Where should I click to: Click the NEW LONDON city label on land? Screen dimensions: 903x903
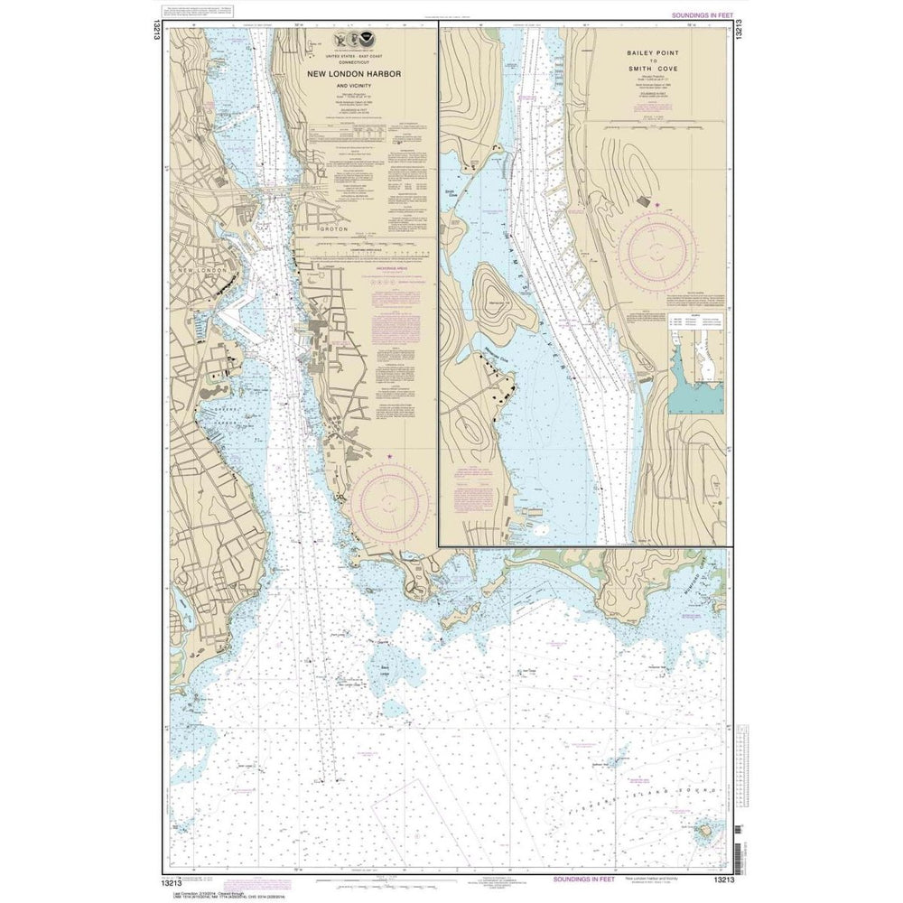200,271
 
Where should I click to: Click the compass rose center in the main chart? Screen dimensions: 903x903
390,498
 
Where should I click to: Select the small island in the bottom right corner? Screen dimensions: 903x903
707,828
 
